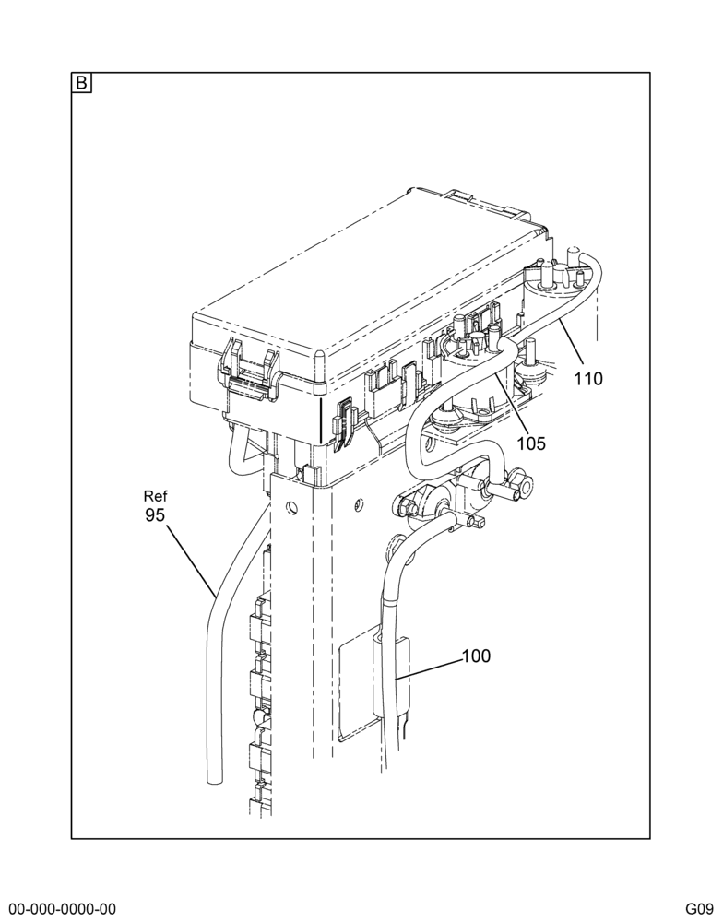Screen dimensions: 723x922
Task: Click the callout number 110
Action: [x=588, y=379]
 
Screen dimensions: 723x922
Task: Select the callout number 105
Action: [x=531, y=443]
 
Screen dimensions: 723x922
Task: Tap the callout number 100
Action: [x=476, y=656]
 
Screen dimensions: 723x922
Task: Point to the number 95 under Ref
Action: [x=155, y=515]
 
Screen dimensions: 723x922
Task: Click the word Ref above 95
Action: [x=156, y=496]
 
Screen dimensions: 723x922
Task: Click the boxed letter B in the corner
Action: [x=81, y=83]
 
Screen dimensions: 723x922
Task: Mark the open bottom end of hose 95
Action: [x=215, y=780]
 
